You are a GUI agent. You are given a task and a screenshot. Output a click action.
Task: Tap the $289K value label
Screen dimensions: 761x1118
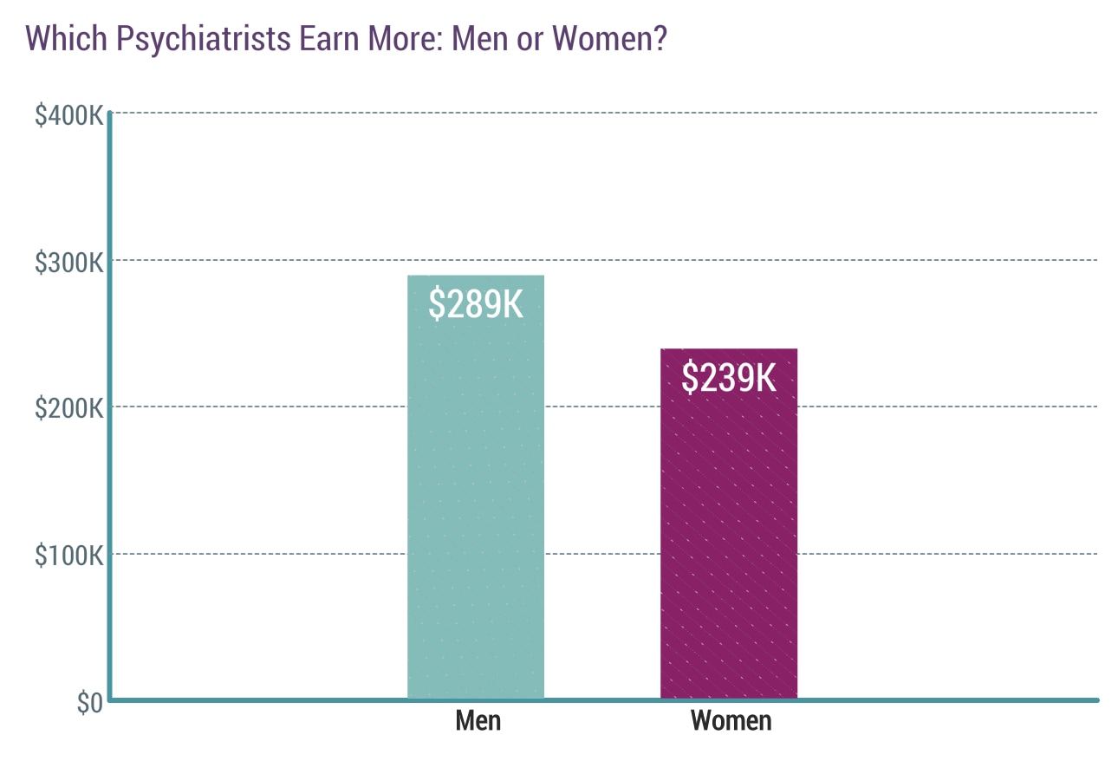476,304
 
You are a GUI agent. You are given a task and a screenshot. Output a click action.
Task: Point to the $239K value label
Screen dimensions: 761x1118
728,377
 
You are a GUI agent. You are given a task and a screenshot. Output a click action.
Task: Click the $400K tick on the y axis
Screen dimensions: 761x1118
69,114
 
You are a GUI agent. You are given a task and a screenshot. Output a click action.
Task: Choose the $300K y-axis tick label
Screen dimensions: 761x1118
69,262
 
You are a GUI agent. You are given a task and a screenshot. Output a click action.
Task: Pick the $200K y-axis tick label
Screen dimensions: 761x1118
69,408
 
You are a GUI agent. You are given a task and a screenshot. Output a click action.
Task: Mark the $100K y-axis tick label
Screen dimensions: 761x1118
69,556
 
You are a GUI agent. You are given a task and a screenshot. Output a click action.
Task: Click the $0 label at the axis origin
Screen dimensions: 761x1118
89,703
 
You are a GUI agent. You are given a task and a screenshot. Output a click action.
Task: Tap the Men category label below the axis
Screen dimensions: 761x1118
478,721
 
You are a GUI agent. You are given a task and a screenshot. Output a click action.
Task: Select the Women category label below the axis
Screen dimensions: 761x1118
731,721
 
